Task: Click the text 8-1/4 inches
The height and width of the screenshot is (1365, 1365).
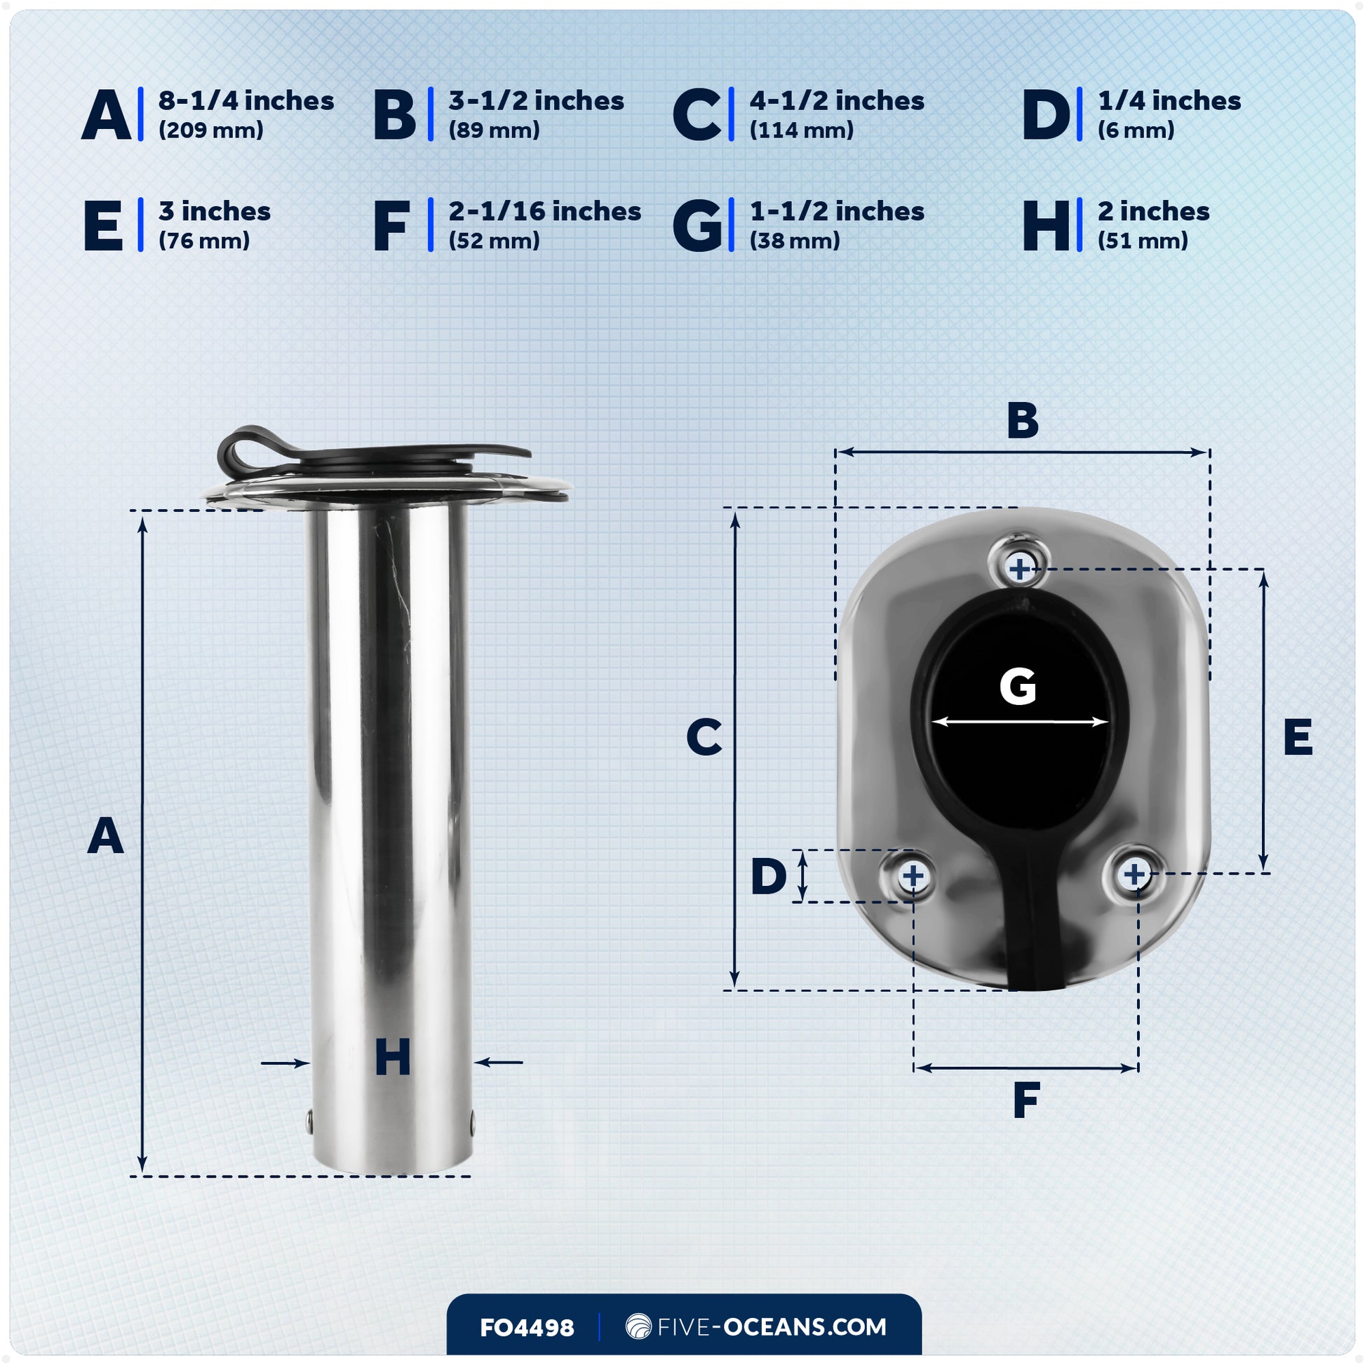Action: click(246, 101)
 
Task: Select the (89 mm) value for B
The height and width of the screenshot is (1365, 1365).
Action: click(494, 130)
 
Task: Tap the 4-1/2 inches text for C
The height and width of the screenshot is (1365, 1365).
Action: click(837, 101)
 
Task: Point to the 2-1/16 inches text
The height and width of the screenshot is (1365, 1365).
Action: click(544, 211)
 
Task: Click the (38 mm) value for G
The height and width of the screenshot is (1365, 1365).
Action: click(794, 241)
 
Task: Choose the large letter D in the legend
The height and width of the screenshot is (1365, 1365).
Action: click(1047, 115)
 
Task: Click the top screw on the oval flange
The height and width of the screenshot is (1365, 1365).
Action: click(1018, 568)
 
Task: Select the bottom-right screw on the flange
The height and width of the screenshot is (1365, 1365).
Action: click(1134, 875)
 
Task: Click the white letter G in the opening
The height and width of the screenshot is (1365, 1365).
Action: click(1017, 686)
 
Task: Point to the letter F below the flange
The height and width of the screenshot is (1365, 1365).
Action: click(1026, 1100)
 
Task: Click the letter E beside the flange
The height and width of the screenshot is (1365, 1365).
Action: click(1298, 738)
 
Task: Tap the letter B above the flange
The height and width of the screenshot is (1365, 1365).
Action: click(1022, 420)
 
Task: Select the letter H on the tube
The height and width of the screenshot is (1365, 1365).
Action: click(392, 1058)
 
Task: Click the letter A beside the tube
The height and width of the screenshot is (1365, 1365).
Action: click(105, 836)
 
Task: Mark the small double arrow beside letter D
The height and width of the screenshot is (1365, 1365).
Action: click(802, 876)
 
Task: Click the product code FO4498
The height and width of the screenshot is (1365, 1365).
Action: click(526, 1328)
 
